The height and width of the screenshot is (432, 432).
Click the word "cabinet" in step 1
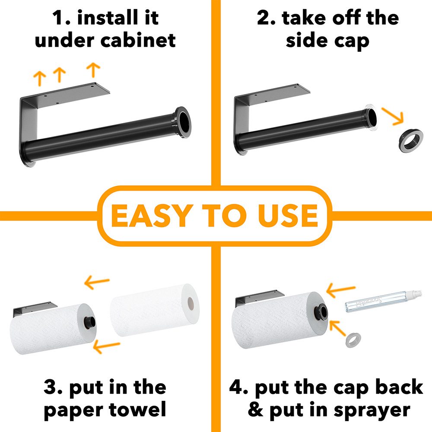tap(138, 41)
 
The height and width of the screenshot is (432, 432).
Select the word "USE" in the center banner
tap(288, 216)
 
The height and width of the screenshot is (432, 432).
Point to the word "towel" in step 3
tap(138, 410)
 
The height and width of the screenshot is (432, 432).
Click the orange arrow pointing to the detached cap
tap(392, 116)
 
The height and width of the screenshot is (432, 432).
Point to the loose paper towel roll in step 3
tap(155, 310)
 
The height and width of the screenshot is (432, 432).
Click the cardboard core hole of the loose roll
tap(191, 303)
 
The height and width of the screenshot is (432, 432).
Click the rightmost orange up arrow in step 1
tap(93, 70)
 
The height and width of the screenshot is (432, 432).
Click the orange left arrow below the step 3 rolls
tap(106, 346)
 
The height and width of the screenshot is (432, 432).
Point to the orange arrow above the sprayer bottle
tap(340, 290)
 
